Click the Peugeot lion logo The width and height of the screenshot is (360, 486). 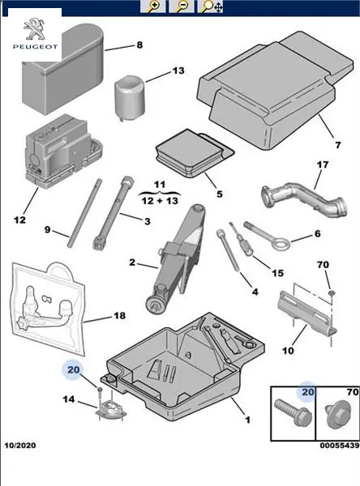coord(34,29)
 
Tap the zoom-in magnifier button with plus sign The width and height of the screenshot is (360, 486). coord(152,6)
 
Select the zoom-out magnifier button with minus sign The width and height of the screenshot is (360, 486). coord(182,6)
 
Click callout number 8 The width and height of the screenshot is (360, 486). coord(139,45)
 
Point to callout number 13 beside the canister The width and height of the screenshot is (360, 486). coord(178,70)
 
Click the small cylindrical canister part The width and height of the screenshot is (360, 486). coord(130,96)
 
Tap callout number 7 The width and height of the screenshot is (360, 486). coord(337,145)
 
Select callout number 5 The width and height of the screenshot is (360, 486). coord(220,194)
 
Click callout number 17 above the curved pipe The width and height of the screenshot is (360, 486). coord(323,164)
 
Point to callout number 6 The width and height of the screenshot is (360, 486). coord(317,233)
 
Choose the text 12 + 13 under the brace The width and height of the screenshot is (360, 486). coord(160,201)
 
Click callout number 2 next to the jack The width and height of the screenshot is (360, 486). coord(132,262)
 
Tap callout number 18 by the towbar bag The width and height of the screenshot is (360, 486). coord(119,316)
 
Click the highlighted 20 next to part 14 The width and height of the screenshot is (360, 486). coord(74,370)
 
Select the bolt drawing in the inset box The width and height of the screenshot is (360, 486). coord(293,411)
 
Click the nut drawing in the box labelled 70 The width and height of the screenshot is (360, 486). coord(337,415)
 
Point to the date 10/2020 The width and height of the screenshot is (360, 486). coord(20,446)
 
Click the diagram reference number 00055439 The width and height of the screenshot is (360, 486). coord(340,446)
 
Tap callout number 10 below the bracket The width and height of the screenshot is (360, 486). coord(288,351)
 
